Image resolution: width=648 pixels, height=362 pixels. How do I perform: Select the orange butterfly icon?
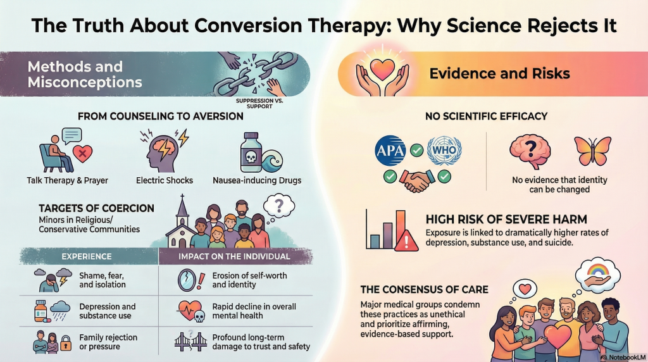(x=592, y=151)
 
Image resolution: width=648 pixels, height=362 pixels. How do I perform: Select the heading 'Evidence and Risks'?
(x=499, y=73)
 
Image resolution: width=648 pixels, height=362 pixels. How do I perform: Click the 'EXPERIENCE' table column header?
(x=86, y=256)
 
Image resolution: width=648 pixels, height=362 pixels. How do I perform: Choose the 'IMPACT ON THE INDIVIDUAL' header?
(x=236, y=256)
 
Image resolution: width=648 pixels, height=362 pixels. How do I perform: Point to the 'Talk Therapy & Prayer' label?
(x=67, y=180)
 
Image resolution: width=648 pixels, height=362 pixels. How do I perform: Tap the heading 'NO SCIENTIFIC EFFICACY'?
(x=487, y=116)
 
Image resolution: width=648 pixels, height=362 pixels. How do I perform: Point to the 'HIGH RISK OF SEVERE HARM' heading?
(x=506, y=220)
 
